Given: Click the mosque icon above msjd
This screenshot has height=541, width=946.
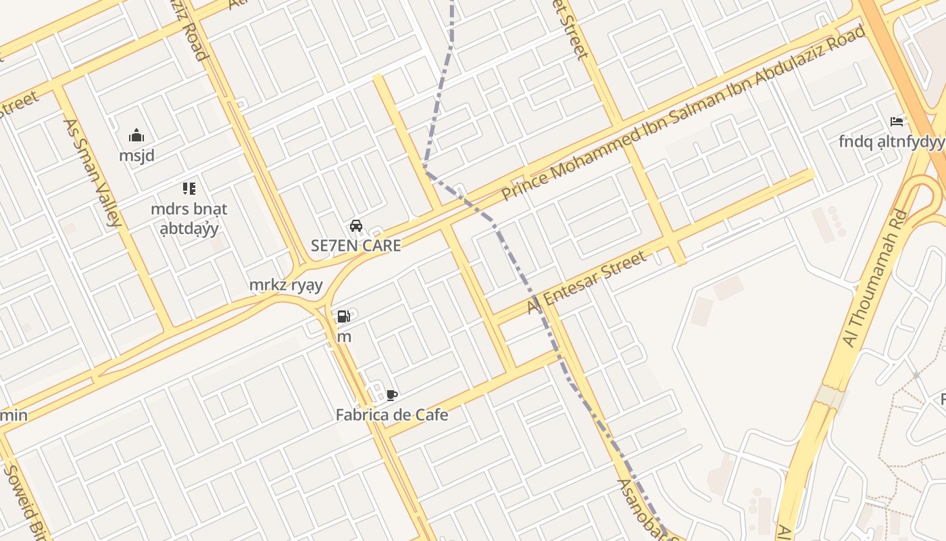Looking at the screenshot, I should coord(136,135).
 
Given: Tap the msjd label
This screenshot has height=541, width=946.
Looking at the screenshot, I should coord(136,156).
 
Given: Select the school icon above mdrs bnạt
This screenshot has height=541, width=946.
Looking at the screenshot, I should coord(189,189).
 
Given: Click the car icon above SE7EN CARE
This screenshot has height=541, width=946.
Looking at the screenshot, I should coord(356,226).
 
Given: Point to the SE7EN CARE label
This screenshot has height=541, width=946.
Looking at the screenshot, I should coord(355,245).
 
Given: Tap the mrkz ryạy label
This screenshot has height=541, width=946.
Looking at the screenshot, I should coord(286,285).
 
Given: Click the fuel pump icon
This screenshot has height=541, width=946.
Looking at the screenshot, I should coord(343,316).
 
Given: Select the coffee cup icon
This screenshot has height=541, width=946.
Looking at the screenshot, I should coord(391,395).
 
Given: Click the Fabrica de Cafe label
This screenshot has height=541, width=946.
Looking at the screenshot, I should coord(392,415).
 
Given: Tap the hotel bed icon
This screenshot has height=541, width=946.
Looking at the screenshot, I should coord(897,122).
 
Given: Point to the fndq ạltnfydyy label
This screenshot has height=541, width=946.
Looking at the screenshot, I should coord(891,141).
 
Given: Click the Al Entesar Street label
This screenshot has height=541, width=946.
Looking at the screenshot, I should coord(587,283).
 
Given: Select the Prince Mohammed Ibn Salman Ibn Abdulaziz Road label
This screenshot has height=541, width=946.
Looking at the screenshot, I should coord(682,113).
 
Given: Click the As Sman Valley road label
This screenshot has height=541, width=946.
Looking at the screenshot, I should coord(93,172).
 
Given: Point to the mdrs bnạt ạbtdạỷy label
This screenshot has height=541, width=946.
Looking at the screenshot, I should coord(189,218).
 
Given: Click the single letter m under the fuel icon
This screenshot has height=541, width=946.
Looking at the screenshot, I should coord(344,336).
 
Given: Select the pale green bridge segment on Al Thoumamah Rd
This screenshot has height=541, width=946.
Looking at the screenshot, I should coord(830,397).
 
